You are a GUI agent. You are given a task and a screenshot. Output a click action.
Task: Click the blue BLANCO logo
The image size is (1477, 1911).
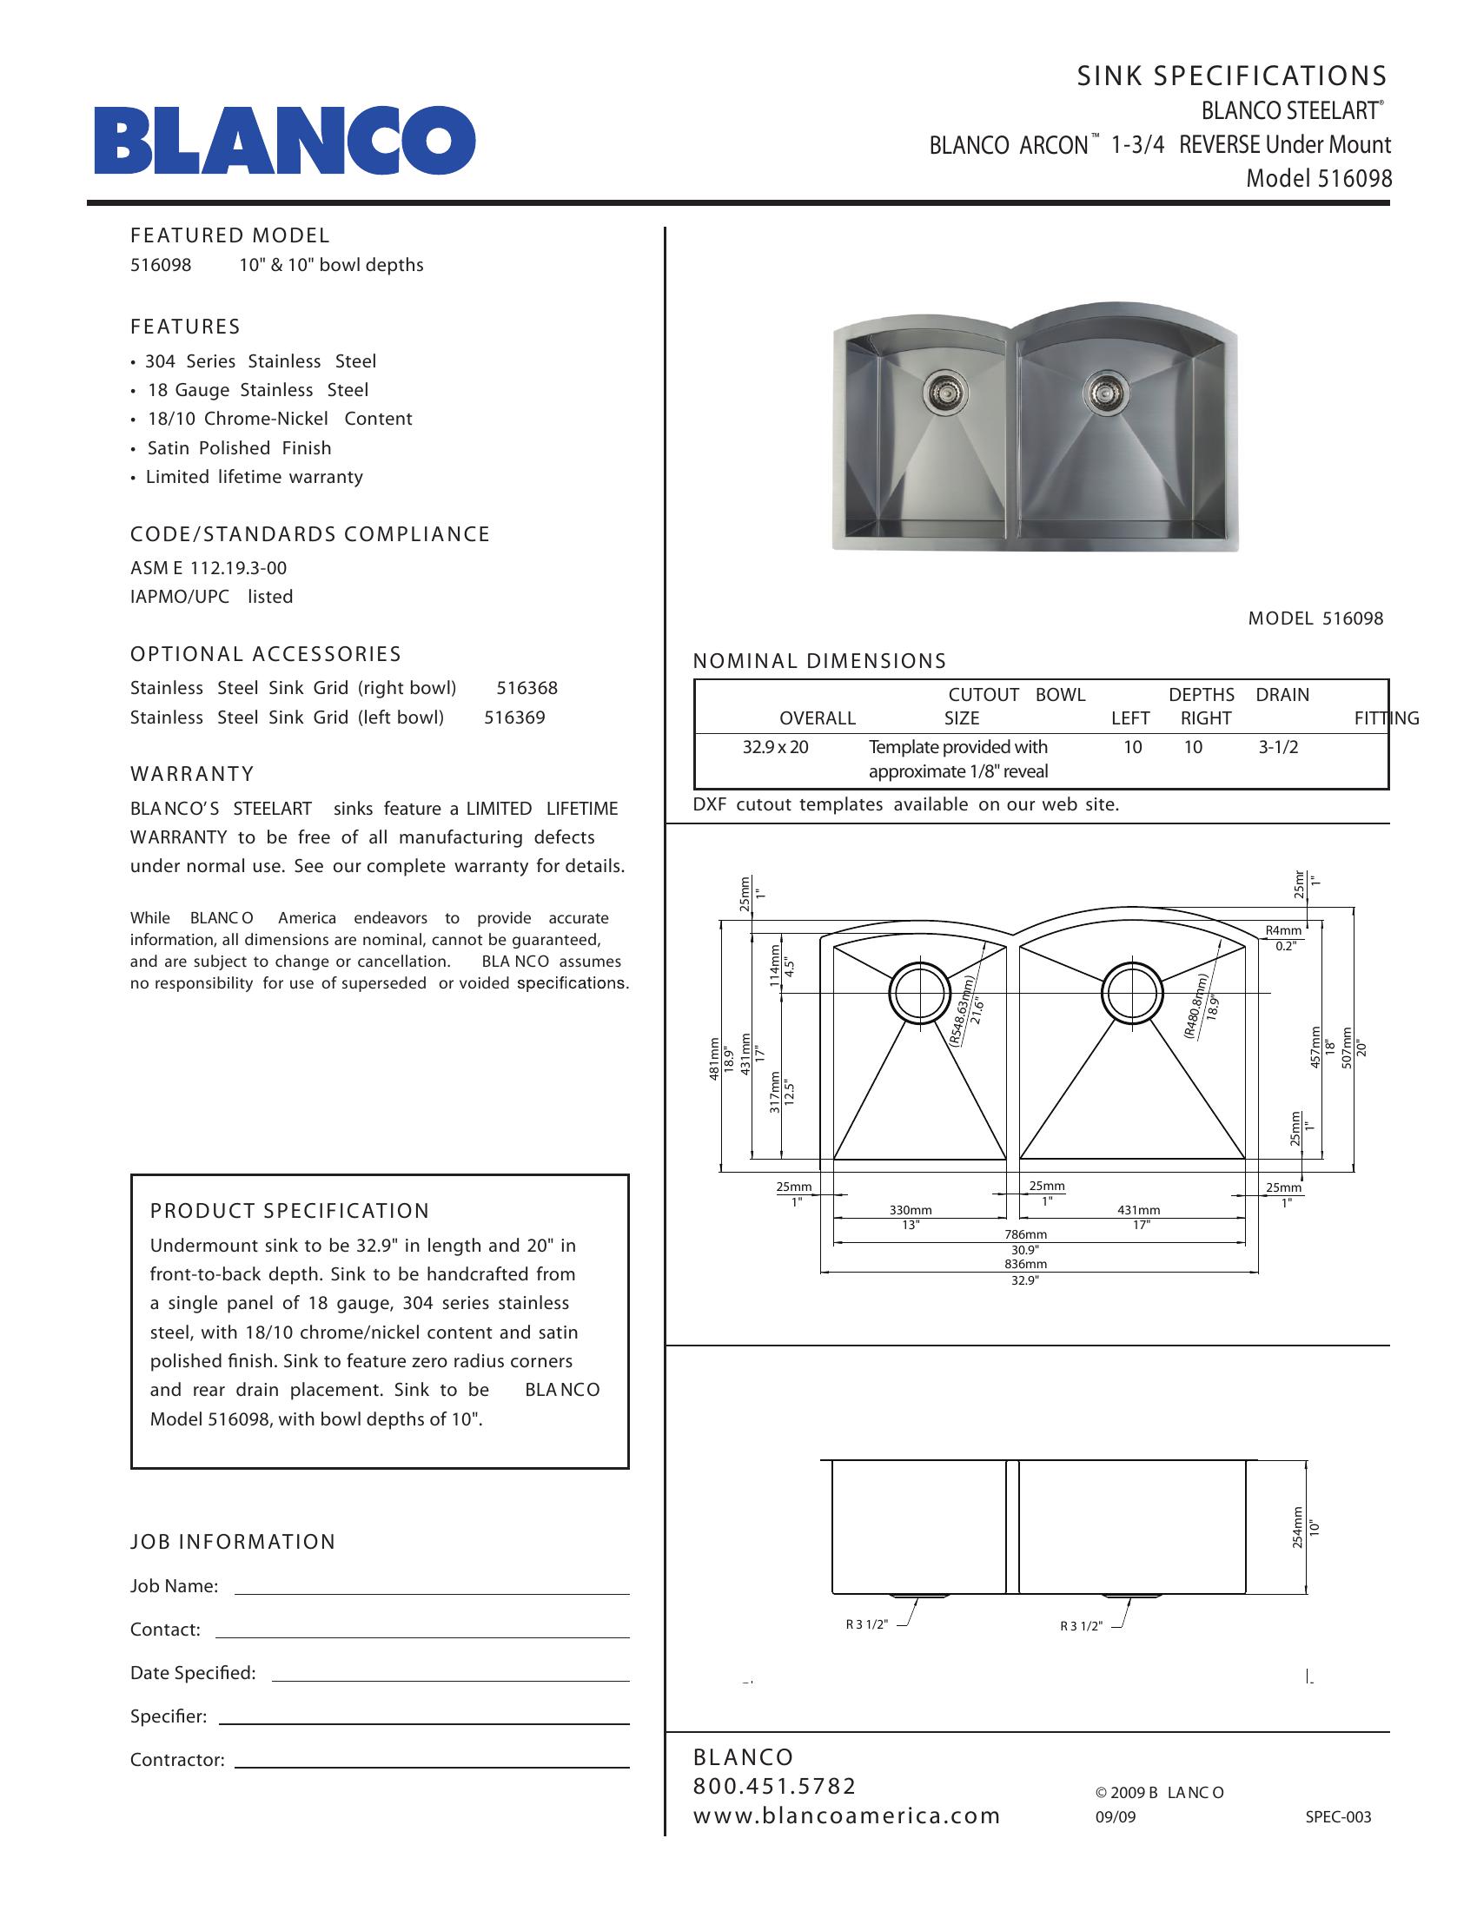pos(285,141)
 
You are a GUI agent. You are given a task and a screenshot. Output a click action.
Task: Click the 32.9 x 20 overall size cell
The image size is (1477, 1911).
pos(775,747)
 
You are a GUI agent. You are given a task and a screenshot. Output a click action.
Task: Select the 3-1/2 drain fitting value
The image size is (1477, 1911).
pos(1278,747)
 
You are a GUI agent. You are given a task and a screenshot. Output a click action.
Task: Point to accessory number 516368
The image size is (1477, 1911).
pos(527,688)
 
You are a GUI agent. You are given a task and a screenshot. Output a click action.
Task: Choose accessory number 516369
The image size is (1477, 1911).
pos(514,717)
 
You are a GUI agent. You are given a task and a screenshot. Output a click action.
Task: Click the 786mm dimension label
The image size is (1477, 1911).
pos(1025,1234)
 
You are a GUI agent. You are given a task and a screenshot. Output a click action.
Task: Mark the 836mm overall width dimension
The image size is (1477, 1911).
pos(1025,1265)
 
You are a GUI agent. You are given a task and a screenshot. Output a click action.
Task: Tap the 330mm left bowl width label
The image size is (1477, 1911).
pos(911,1210)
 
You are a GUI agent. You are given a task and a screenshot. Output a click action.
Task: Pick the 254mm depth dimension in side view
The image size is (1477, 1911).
pos(1298,1527)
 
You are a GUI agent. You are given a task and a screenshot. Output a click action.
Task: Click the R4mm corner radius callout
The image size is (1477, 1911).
pos(1283,930)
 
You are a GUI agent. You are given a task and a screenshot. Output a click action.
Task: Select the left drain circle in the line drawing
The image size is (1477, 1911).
pos(918,993)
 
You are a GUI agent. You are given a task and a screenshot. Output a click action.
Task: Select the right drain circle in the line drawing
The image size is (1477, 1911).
pos(1132,993)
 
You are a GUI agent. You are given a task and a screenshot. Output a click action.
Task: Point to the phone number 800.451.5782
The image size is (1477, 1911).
pos(774,1786)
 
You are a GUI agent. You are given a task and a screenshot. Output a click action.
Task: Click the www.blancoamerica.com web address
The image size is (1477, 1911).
pos(846,1815)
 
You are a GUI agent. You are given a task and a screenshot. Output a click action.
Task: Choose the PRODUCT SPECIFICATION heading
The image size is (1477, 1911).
pos(289,1211)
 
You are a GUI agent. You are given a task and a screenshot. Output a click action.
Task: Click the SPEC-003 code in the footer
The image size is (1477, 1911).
pos(1338,1816)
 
